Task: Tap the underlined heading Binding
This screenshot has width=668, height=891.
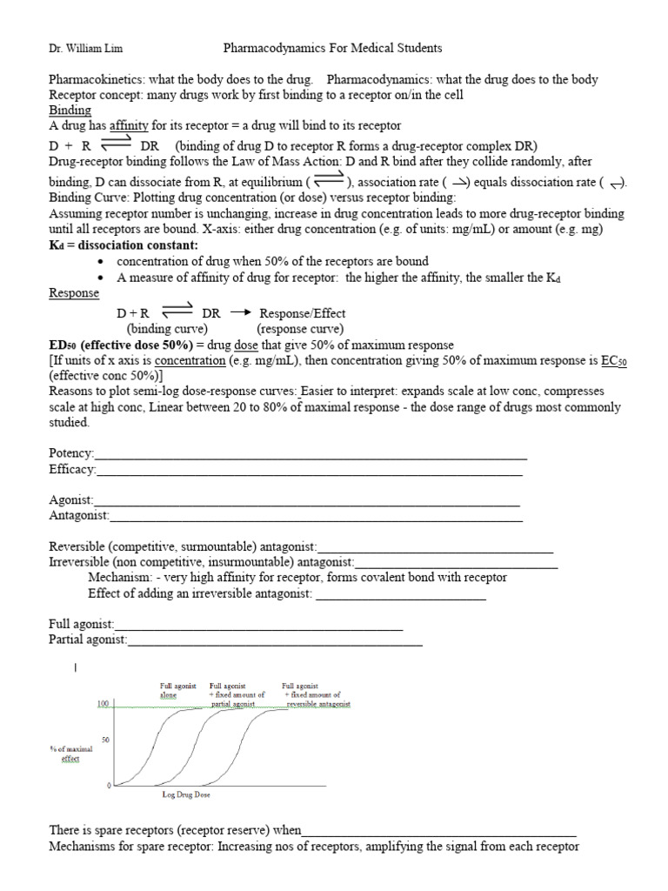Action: coord(70,111)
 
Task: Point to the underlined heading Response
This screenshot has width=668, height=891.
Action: coord(74,293)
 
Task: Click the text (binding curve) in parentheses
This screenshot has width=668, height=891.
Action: coord(167,329)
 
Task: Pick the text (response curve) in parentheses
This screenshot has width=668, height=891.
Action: coord(300,329)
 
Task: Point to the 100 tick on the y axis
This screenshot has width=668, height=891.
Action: coord(102,703)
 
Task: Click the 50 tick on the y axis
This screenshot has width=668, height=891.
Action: coord(105,740)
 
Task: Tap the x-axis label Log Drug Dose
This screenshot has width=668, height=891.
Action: coord(186,794)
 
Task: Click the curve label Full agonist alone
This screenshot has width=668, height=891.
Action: coord(173,691)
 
